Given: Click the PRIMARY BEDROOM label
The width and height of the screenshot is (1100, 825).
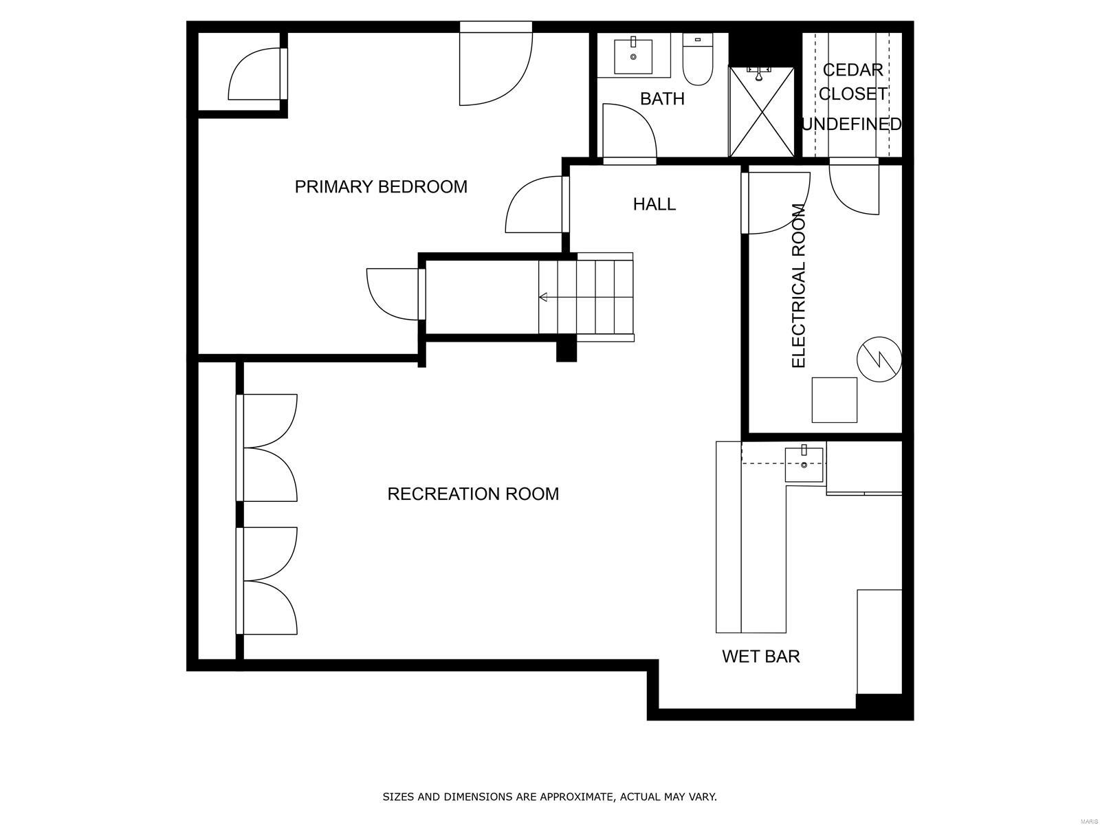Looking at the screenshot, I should coord(381,186).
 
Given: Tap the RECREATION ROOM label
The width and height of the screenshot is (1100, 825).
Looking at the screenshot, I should coord(473,494).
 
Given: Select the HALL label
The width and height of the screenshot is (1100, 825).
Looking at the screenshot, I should coord(654,204).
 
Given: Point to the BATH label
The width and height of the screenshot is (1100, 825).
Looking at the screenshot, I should coord(662,99).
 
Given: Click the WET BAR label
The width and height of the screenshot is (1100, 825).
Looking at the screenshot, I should coord(760,657).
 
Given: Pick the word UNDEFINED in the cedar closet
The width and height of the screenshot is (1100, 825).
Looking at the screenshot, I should coord(852,124).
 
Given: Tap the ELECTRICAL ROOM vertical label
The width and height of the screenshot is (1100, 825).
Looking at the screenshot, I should coord(798,285).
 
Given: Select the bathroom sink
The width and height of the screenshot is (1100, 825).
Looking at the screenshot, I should coord(633,56).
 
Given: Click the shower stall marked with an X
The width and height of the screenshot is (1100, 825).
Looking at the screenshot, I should coord(761,112).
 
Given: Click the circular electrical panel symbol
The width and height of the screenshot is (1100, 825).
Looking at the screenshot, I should coord(879,359).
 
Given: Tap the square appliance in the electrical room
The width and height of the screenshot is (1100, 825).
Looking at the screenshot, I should coord(834,399).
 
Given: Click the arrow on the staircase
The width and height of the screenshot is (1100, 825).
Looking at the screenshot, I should coord(544,297).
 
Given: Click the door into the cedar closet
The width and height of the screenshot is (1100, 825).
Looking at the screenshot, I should coord(854,187).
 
